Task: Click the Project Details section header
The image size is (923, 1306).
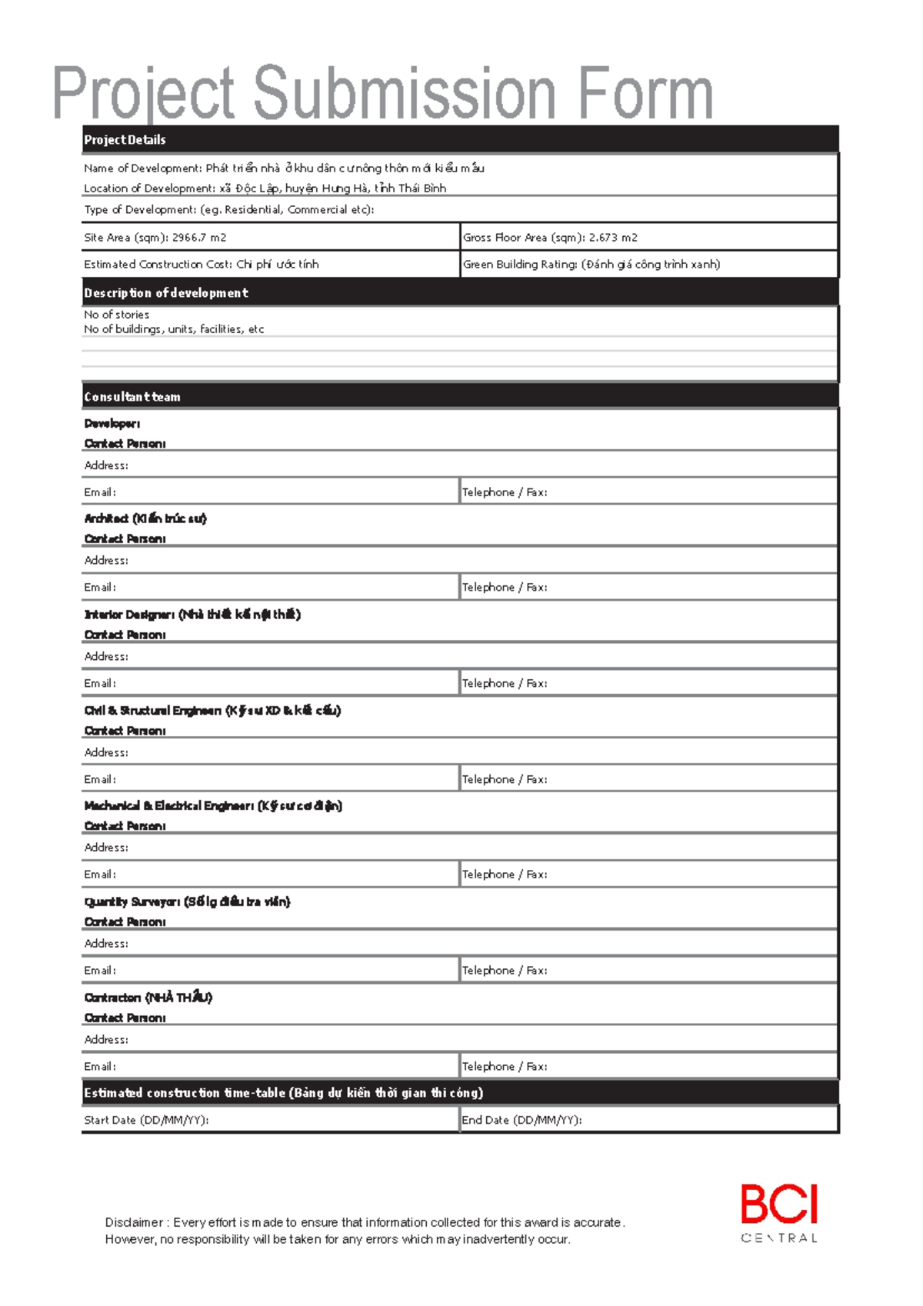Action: click(x=125, y=140)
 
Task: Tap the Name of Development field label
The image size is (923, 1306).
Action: click(x=142, y=168)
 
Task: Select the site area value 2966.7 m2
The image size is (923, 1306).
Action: click(x=199, y=238)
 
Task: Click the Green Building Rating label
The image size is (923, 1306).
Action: click(x=520, y=265)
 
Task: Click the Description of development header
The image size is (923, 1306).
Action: click(x=166, y=293)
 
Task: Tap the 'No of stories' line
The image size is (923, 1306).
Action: click(x=117, y=315)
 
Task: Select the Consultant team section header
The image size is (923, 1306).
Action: click(x=132, y=397)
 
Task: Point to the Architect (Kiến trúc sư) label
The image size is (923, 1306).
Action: click(x=145, y=518)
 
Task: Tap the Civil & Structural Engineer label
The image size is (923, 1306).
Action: click(x=212, y=711)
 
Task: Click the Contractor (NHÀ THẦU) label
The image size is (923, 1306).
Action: click(x=148, y=998)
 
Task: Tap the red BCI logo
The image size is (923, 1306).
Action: click(x=779, y=1205)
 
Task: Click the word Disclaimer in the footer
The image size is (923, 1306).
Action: click(x=134, y=1222)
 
